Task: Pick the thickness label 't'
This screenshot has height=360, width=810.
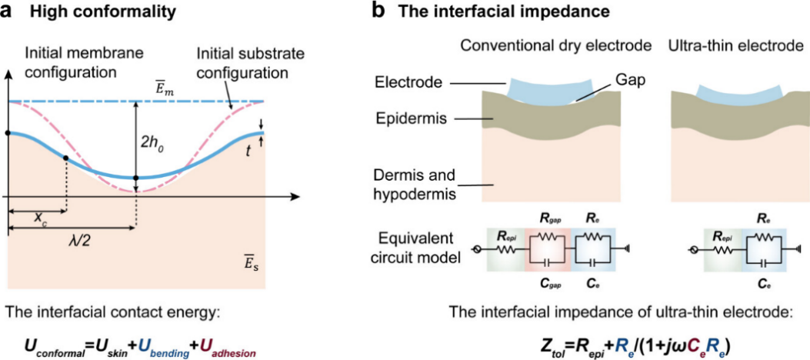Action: (248, 153)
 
